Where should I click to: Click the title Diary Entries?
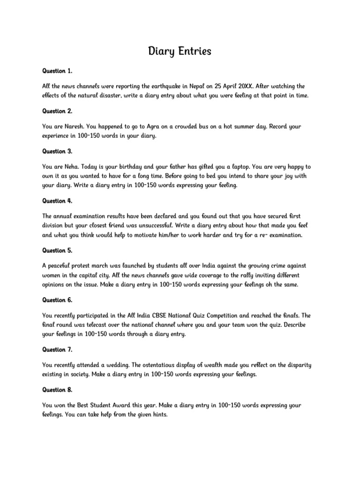tap(180, 51)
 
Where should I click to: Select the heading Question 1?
tap(57, 71)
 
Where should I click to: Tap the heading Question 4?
tap(57, 201)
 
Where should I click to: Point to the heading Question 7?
tap(57, 349)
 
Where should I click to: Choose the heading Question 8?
tap(57, 390)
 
